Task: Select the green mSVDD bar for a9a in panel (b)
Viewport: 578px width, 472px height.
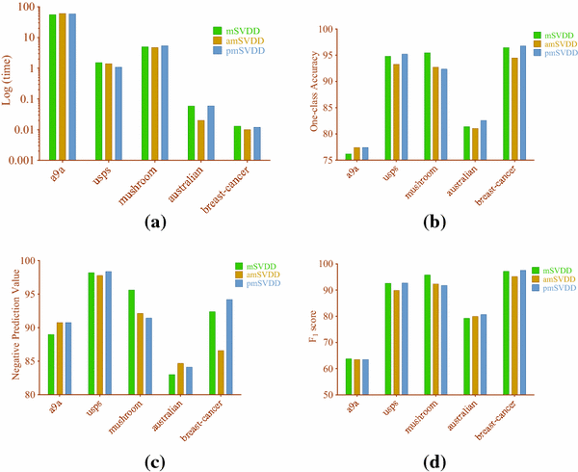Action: (348, 157)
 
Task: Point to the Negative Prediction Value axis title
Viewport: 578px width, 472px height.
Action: (13, 328)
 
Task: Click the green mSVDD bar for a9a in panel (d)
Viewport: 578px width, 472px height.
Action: (348, 377)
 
